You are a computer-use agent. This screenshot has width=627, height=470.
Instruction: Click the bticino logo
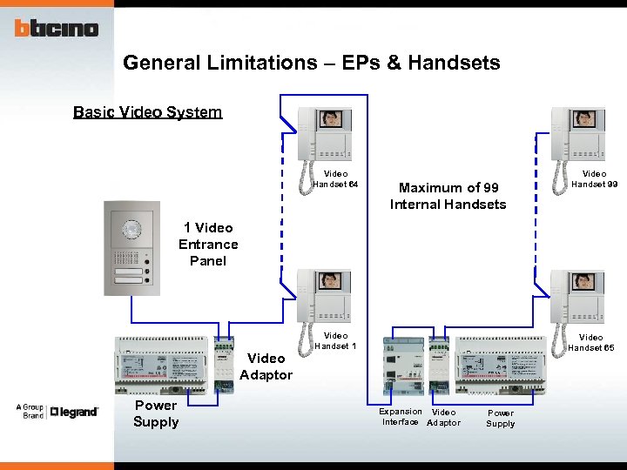click(x=56, y=28)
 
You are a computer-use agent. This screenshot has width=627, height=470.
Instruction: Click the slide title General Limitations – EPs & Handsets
click(x=311, y=63)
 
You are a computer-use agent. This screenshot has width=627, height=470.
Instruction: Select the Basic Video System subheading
click(x=147, y=112)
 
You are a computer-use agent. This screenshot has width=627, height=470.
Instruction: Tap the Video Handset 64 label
click(x=335, y=179)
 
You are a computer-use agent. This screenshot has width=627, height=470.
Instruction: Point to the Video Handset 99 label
click(x=594, y=179)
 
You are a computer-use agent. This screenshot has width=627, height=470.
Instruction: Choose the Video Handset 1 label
click(x=335, y=341)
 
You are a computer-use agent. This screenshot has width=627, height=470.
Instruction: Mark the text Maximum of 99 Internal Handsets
click(x=448, y=196)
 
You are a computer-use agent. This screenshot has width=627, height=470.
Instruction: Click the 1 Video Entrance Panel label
click(x=207, y=244)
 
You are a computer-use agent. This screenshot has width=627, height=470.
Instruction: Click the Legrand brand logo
click(x=74, y=412)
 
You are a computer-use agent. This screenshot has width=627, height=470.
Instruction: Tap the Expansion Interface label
click(x=401, y=417)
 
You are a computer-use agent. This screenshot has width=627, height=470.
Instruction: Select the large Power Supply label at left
click(x=156, y=413)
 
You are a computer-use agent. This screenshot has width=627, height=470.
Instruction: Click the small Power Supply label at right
click(x=500, y=419)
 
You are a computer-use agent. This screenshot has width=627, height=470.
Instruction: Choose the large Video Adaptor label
click(x=266, y=366)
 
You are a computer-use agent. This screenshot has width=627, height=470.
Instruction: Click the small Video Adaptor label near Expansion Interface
click(x=443, y=417)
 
